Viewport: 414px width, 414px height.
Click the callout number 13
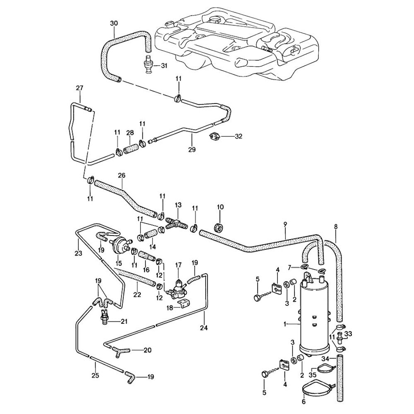click(x=178, y=205)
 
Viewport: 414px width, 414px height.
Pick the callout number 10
click(x=220, y=207)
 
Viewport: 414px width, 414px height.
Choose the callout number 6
click(x=303, y=402)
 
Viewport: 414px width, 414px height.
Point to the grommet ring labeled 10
click(x=219, y=227)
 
